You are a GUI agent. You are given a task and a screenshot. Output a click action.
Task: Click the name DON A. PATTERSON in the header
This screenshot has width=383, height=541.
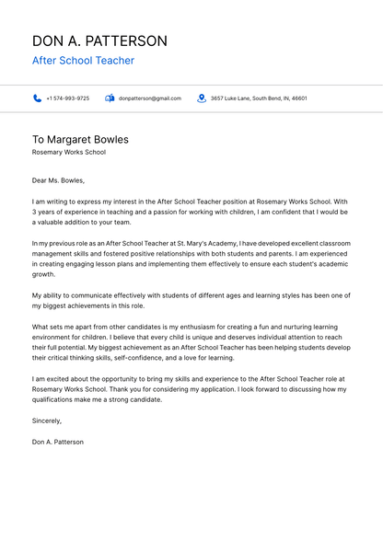point(99,41)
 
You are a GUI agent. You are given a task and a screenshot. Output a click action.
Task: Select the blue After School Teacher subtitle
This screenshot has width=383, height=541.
point(83,61)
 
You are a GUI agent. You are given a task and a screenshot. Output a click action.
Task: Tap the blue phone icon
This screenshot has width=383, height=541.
point(38,98)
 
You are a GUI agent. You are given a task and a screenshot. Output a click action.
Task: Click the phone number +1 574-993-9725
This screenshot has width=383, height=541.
point(68,98)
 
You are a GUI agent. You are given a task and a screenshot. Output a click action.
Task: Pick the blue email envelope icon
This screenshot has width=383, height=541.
point(110,98)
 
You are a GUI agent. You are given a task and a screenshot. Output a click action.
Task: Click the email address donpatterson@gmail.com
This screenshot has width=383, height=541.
point(150,98)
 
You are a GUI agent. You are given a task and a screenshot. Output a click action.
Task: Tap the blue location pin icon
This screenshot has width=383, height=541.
point(202,98)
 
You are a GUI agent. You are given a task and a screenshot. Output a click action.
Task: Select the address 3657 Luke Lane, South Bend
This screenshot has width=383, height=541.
point(258,98)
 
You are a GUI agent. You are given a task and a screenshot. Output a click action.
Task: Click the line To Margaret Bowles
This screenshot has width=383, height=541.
point(80,140)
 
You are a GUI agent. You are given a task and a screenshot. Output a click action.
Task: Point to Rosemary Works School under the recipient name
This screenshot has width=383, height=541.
point(69,152)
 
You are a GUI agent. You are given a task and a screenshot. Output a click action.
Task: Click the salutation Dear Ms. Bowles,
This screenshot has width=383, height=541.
point(58,180)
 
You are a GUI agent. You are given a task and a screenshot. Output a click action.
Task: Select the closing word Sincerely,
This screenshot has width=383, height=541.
point(47,420)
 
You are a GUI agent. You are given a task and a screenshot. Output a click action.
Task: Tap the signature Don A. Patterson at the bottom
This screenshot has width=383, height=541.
point(57,442)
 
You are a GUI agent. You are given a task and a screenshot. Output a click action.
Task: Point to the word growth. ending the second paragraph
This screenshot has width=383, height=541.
point(44,274)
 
